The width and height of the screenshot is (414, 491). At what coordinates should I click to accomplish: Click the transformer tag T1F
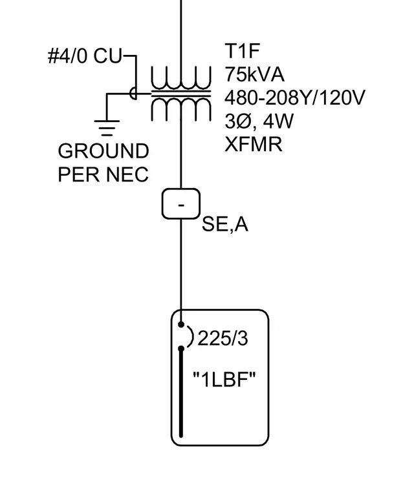pos(242,51)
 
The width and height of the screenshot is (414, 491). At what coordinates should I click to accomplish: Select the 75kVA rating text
pos(254,74)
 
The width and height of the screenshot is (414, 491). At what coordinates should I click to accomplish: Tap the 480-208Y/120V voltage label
pos(295,98)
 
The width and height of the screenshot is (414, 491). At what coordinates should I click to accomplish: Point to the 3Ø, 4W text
pos(259,121)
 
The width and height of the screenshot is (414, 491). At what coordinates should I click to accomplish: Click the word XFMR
pos(254,144)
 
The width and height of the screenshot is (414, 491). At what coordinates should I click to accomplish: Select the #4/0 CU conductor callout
pos(85,56)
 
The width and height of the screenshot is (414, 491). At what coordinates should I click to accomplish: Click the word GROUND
pos(103,151)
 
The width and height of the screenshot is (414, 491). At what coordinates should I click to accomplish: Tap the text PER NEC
pos(103,174)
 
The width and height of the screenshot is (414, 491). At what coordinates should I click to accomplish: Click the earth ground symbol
pos(107,128)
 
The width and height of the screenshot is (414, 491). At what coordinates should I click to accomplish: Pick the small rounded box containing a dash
pos(181,204)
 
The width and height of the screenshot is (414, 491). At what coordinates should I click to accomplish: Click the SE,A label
pos(225,224)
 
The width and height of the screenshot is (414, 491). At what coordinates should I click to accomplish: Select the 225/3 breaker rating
pos(223,339)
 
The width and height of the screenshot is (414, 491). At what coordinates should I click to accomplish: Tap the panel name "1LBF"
pos(224,379)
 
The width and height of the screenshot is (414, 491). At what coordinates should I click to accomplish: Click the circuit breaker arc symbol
pos(191,337)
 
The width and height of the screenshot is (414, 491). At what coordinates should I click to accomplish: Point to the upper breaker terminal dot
pos(181,325)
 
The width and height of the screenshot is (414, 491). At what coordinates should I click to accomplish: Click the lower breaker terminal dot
pos(181,348)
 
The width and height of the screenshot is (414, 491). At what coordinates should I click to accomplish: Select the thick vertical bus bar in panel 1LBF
pos(181,393)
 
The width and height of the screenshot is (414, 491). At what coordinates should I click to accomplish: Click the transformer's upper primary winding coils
pos(181,78)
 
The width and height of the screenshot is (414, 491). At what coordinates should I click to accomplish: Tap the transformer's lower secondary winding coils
pos(181,109)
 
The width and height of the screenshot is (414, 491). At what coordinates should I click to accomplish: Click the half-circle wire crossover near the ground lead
pos(133,93)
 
